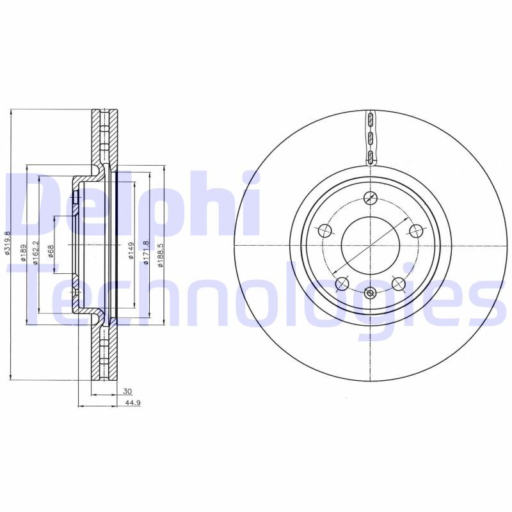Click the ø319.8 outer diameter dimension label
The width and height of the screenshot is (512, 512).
point(8,244)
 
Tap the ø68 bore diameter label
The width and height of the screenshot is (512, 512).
point(51,252)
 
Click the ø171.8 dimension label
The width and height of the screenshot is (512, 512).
point(146,251)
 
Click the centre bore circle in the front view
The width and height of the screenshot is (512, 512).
point(371,244)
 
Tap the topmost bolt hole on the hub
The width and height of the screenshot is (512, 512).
point(371,198)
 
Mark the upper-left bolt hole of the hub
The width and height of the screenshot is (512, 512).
point(325,230)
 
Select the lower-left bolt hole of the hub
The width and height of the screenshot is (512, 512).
point(342,283)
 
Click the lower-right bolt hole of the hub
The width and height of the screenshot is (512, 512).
point(398,283)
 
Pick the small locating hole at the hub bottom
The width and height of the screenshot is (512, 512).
point(371,292)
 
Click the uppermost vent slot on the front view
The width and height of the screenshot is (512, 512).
point(371,120)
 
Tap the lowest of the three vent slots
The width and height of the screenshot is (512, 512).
point(371,157)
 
